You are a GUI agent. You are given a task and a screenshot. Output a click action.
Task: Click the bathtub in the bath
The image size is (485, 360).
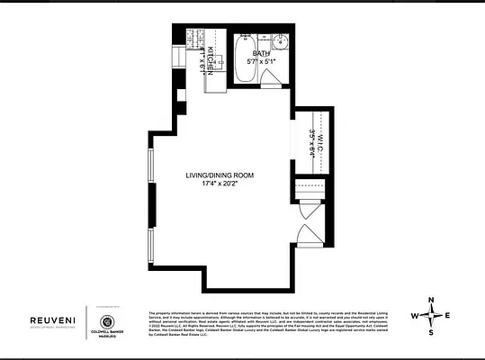click(x=242, y=56)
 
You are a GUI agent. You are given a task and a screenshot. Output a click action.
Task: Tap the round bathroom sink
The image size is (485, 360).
click(x=280, y=41)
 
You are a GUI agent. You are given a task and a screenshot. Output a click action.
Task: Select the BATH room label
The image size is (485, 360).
click(x=261, y=54)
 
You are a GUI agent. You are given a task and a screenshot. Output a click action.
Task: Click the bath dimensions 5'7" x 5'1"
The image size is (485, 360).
click(x=262, y=62)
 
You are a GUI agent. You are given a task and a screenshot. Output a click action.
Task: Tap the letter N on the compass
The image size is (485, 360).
click(x=431, y=300)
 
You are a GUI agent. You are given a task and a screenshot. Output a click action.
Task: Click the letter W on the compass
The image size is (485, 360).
click(x=414, y=316)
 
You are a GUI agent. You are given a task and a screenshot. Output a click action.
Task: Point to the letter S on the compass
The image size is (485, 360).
click(x=431, y=332)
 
